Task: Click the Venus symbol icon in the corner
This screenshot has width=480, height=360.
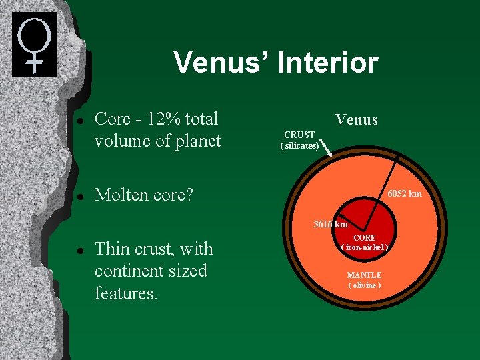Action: [x=35, y=45]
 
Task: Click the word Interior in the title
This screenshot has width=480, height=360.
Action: [x=327, y=63]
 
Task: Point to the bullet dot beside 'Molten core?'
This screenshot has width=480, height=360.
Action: [x=79, y=196]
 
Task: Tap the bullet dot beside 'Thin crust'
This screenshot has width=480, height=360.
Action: [x=79, y=250]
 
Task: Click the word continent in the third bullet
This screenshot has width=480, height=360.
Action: [x=131, y=271]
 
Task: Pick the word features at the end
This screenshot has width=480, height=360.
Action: [x=126, y=293]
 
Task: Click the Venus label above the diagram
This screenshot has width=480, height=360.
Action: [x=356, y=120]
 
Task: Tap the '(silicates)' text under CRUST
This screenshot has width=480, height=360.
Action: [x=299, y=145]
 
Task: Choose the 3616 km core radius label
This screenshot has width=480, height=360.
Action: [x=331, y=224]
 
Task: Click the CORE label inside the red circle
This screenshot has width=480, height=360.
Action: [x=364, y=238]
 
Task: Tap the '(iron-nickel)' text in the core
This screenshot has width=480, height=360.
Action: [x=364, y=248]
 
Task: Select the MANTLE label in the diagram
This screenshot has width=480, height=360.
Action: [x=364, y=275]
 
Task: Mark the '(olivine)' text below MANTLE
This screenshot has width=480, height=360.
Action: [x=364, y=285]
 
